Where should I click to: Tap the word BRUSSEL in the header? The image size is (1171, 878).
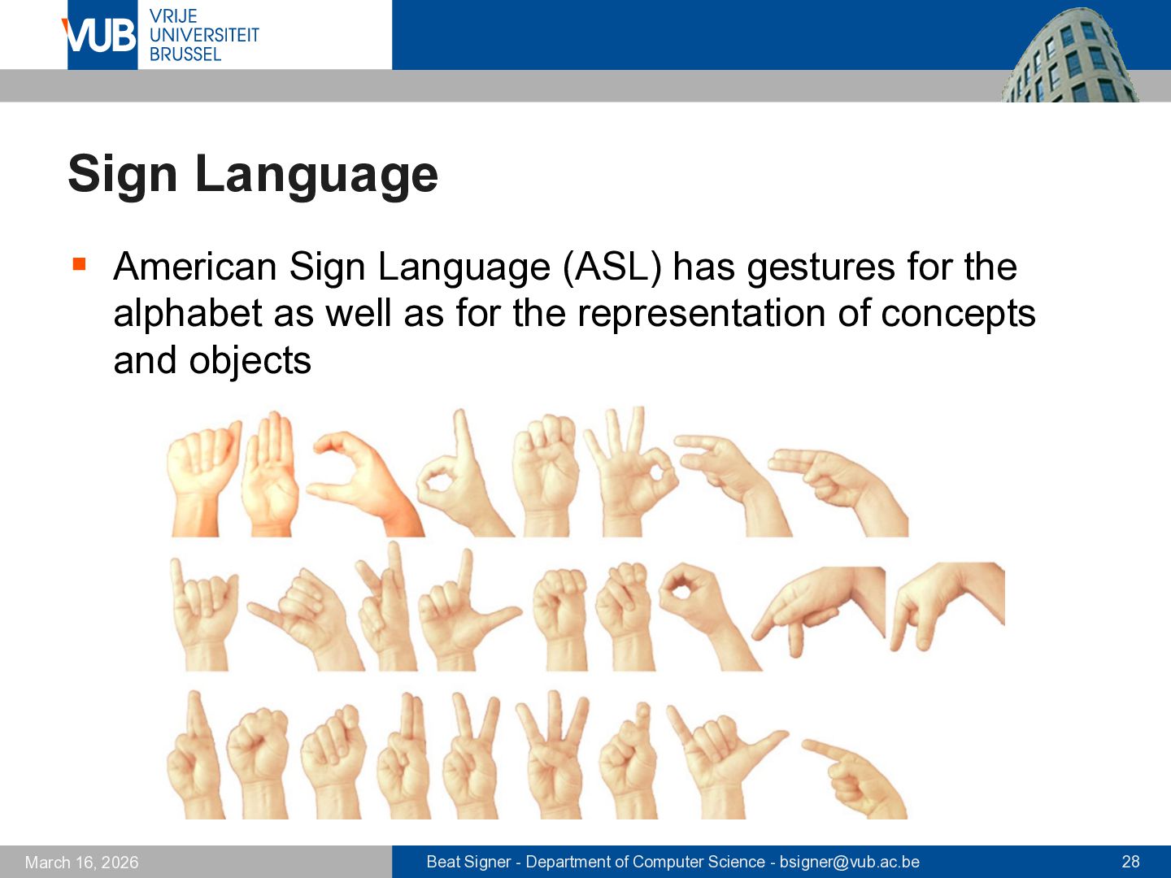(x=185, y=54)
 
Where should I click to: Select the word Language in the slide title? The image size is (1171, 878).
(x=316, y=176)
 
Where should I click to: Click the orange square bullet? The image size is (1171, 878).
(x=80, y=264)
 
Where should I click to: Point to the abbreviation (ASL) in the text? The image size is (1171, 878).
(x=612, y=267)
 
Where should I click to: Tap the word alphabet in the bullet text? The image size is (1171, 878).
(x=187, y=314)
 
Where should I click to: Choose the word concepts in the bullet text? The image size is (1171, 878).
(x=958, y=315)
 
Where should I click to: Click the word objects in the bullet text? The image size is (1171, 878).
(x=250, y=362)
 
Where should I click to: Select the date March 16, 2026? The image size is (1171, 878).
(x=81, y=862)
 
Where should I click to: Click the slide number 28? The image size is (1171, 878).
(x=1130, y=862)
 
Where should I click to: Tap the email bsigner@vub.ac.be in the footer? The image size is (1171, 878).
(x=849, y=862)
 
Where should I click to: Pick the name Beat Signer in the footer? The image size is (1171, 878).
(x=468, y=862)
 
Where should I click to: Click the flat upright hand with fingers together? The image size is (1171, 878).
(x=270, y=475)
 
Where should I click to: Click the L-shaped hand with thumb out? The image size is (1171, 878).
(x=464, y=613)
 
